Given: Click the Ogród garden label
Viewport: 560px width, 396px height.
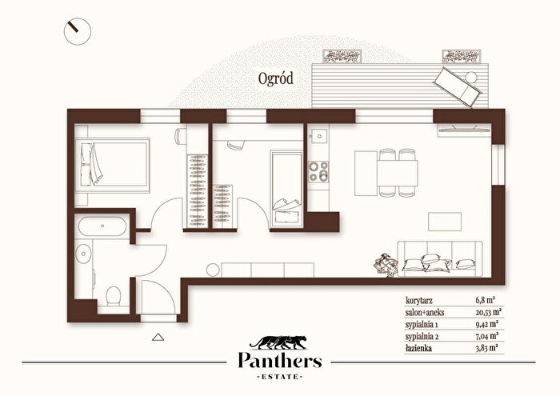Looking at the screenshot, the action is [x=276, y=79].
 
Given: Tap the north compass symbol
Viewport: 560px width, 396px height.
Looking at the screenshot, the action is [x=78, y=31].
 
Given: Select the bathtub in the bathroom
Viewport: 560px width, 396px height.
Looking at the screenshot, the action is [x=102, y=226].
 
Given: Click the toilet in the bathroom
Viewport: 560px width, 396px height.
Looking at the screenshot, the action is [x=114, y=296].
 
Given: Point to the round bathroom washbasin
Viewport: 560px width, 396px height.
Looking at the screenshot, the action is [x=84, y=254].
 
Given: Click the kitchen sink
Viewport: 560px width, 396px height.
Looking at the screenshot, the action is [x=318, y=136].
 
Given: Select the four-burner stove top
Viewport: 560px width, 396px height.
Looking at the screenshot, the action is [x=318, y=171].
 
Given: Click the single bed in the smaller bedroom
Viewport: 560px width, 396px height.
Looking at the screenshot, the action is [x=286, y=190].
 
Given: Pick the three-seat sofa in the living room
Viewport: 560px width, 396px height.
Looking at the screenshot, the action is [x=440, y=259].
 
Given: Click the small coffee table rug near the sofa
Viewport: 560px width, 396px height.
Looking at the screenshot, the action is [x=445, y=222].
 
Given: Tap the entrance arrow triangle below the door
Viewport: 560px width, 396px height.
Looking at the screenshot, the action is [x=158, y=337].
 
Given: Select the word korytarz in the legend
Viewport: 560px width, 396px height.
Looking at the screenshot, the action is [x=419, y=300].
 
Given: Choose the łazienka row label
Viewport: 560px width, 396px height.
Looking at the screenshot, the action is [x=418, y=348].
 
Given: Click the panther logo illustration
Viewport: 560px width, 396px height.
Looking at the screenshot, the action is [x=278, y=342].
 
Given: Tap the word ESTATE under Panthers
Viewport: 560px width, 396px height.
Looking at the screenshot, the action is [x=280, y=376].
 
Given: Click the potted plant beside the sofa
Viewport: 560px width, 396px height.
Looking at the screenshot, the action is [x=386, y=265].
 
